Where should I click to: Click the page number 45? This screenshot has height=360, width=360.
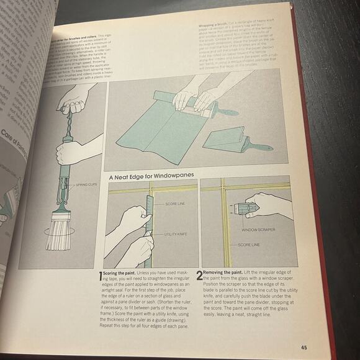point(304,347)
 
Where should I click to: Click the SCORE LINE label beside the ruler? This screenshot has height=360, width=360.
point(178,204)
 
